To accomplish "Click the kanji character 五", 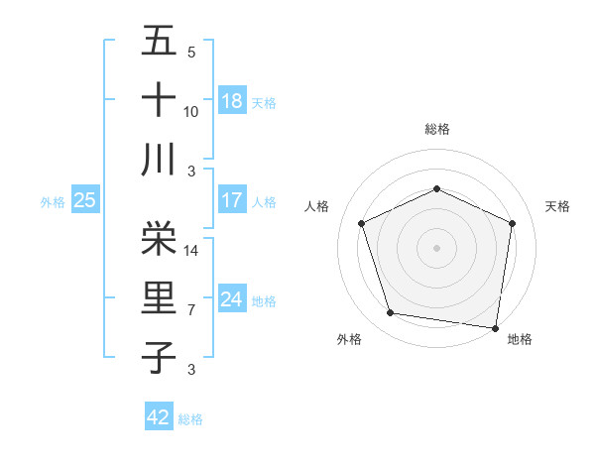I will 160,42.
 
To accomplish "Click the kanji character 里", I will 160,296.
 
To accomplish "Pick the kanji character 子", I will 160,357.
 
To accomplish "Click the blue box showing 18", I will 232,100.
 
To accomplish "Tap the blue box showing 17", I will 232,199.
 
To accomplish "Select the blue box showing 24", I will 232,298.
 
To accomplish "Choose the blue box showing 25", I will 85,200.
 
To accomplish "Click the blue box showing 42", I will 159,417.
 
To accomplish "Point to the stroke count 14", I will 191,252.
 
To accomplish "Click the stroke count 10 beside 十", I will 191,112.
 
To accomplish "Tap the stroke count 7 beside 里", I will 191,310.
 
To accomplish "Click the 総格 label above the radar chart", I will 436,129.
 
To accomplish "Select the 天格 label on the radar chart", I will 558,206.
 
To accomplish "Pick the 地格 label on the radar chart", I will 520,339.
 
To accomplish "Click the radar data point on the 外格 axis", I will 391,313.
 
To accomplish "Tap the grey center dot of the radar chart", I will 436,248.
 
